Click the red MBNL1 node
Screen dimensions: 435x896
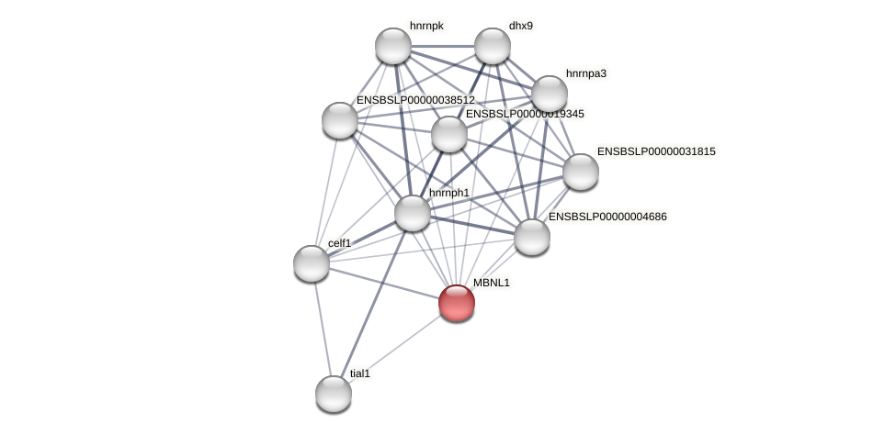[457, 303]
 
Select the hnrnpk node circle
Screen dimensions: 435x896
[393, 46]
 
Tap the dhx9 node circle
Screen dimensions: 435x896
[493, 46]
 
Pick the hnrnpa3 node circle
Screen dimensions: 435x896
[550, 93]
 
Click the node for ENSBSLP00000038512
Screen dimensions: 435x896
[340, 120]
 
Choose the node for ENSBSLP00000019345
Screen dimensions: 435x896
[449, 134]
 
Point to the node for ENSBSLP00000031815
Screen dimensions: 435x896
[581, 172]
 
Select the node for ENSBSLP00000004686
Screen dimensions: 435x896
[532, 237]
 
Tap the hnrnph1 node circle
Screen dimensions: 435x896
[413, 213]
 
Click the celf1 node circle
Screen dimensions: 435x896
[312, 263]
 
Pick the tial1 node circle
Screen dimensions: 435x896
[334, 394]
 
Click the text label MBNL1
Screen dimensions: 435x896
[491, 283]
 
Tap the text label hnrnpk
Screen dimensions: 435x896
[426, 26]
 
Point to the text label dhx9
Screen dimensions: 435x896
[520, 26]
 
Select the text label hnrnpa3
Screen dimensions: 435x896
[585, 73]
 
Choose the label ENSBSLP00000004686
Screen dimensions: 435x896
[607, 217]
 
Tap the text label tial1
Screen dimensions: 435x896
[359, 374]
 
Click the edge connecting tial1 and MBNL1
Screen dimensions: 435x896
[395, 349]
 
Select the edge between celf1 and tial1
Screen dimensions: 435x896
[323, 329]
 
